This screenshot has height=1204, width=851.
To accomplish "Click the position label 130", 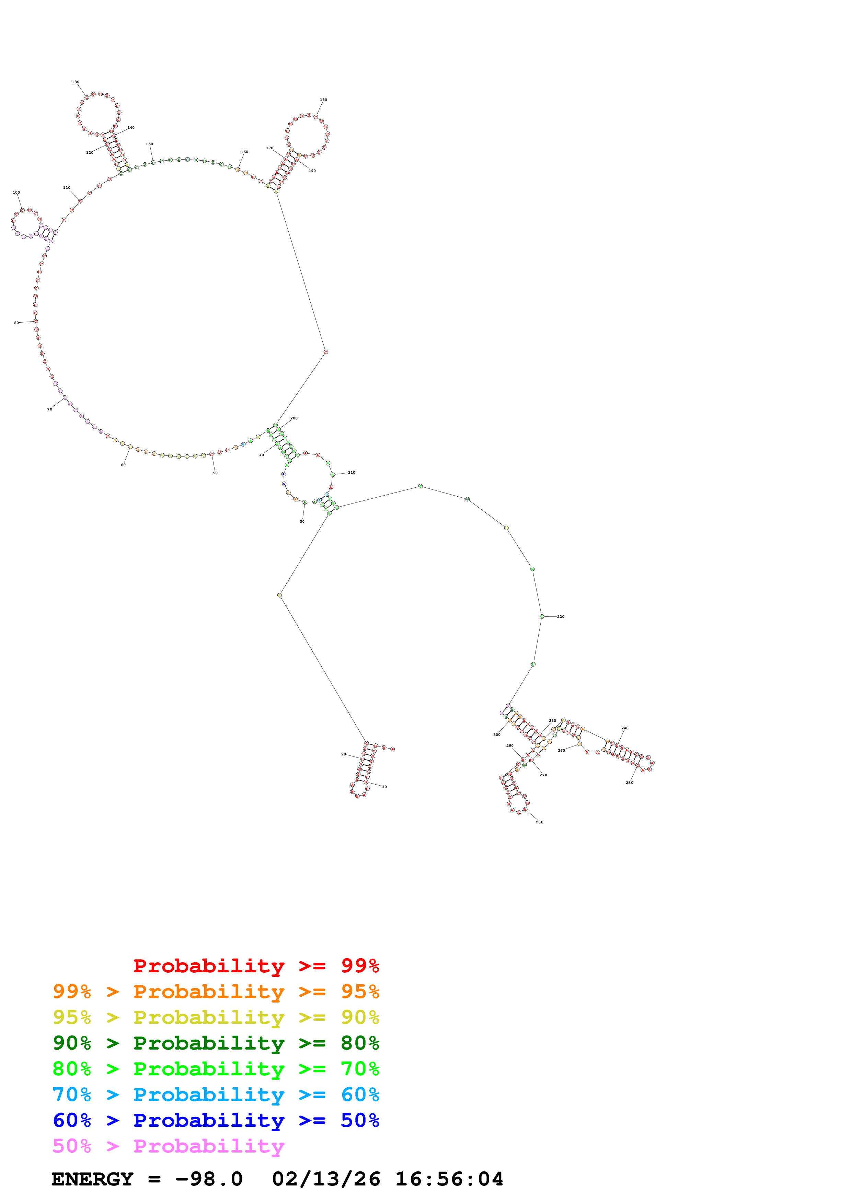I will [76, 82].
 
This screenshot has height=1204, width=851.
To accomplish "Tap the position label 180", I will [323, 100].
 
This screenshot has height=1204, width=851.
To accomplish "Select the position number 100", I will [16, 193].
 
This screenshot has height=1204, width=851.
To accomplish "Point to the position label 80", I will [16, 323].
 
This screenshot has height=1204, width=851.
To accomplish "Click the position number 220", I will [561, 617].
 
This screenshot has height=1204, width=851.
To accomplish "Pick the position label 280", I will [540, 822].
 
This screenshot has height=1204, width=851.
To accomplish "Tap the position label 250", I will [629, 783].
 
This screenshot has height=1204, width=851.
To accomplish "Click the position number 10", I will [384, 787].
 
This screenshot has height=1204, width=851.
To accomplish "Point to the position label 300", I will [496, 735].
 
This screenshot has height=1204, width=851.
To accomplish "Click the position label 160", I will [244, 152].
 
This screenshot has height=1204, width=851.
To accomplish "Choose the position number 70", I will [50, 409].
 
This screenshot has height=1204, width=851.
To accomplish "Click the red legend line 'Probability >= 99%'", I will [256, 966].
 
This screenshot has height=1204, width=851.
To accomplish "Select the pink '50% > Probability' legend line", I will [168, 1146].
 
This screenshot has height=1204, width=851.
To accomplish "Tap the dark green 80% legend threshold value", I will [360, 1043].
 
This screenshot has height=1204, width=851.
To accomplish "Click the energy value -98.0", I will [209, 1179].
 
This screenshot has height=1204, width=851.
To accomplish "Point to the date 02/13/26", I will [326, 1179].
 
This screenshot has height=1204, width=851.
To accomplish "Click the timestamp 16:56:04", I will [449, 1179].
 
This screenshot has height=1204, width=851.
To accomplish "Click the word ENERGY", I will [92, 1179].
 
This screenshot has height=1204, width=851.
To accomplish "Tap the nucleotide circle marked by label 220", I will [542, 617].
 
